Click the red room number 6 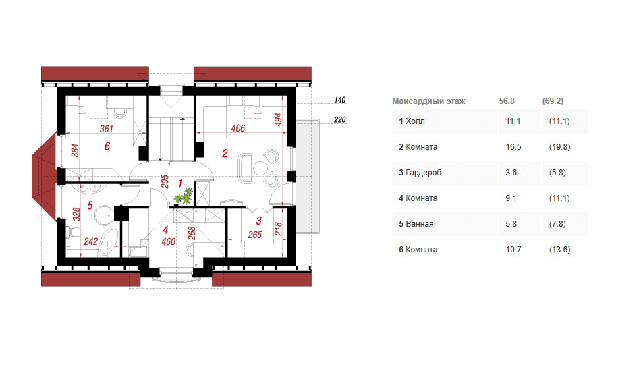click(107, 146)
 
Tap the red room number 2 click(225, 154)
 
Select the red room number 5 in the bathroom click(90, 206)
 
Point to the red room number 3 click(259, 221)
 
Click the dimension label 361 click(107, 129)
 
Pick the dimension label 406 click(238, 128)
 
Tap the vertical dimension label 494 click(278, 119)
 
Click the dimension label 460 click(169, 241)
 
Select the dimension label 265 click(254, 235)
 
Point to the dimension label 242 click(91, 241)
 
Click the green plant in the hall click(184, 196)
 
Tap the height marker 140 click(339, 100)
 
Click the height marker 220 click(339, 119)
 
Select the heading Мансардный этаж click(428, 101)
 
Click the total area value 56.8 click(507, 101)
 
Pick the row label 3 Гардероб click(420, 173)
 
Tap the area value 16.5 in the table click(513, 146)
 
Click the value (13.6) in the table click(559, 249)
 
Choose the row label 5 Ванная click(416, 224)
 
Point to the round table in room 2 click(260, 168)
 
